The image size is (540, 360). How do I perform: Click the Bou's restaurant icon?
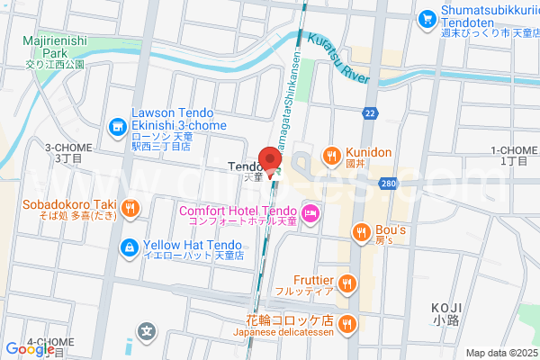pyautogui.click(x=362, y=232)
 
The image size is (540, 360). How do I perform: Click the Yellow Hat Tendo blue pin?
pyautogui.click(x=129, y=246)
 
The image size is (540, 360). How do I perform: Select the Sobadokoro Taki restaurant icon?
pyautogui.click(x=130, y=209)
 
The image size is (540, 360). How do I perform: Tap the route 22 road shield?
pyautogui.click(x=370, y=112)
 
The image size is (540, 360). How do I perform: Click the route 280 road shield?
pyautogui.click(x=388, y=184)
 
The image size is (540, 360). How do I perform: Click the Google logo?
pyautogui.click(x=30, y=349)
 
